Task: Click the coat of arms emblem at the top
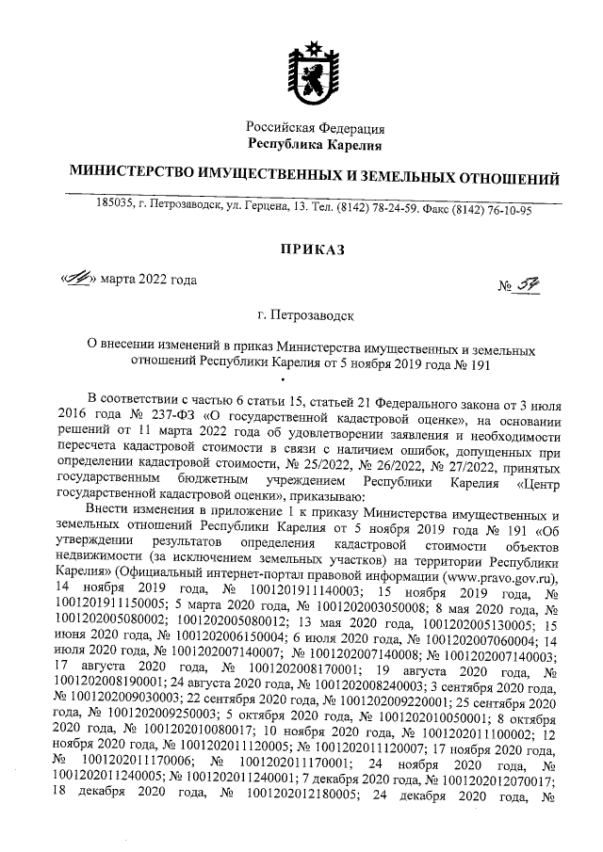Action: click(315, 72)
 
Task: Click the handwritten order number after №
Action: click(535, 281)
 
